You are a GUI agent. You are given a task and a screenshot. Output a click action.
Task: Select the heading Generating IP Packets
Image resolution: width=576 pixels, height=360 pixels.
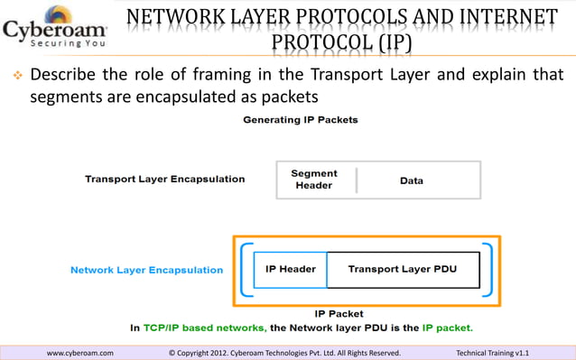click(300, 120)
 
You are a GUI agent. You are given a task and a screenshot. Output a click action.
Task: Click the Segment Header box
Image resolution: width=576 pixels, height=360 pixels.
click(314, 180)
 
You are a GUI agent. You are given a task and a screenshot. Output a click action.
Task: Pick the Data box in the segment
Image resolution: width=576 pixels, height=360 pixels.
click(412, 180)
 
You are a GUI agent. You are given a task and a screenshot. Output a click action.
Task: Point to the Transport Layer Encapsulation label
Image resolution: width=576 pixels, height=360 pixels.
click(164, 179)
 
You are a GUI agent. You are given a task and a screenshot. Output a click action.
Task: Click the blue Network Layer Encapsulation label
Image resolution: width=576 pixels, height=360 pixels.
click(147, 270)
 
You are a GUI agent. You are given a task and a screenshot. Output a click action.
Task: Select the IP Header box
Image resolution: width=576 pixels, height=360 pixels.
click(290, 269)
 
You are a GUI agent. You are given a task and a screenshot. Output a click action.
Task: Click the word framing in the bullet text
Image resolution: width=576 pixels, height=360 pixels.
click(247, 73)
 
